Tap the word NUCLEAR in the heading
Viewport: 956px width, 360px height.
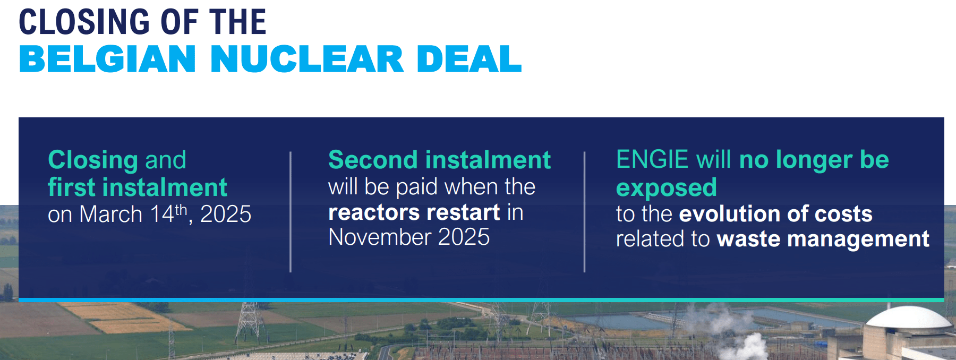(307, 59)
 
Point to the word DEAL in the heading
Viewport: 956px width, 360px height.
(468, 59)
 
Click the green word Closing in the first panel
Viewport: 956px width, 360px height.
(93, 160)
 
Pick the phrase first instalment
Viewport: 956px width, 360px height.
(137, 187)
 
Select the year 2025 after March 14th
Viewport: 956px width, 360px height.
(226, 214)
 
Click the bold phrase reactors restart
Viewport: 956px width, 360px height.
(414, 212)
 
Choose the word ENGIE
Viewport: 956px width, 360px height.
(652, 159)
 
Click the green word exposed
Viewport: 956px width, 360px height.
(666, 187)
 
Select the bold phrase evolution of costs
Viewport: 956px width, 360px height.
(775, 214)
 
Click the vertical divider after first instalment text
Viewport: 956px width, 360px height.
(291, 212)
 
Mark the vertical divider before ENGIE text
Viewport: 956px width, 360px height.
(584, 212)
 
